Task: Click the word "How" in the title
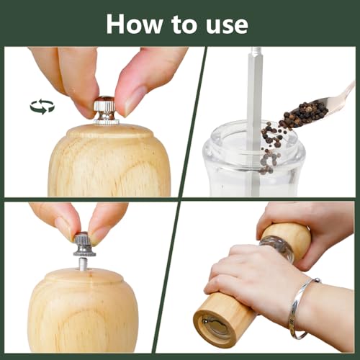(x=134, y=24)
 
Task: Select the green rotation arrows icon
(x=42, y=107)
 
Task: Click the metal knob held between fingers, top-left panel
(x=107, y=110)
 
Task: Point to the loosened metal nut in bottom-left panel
(x=84, y=244)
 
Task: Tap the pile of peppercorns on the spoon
(x=306, y=114)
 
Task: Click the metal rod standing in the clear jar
(x=254, y=120)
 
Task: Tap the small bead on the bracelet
(x=318, y=280)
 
